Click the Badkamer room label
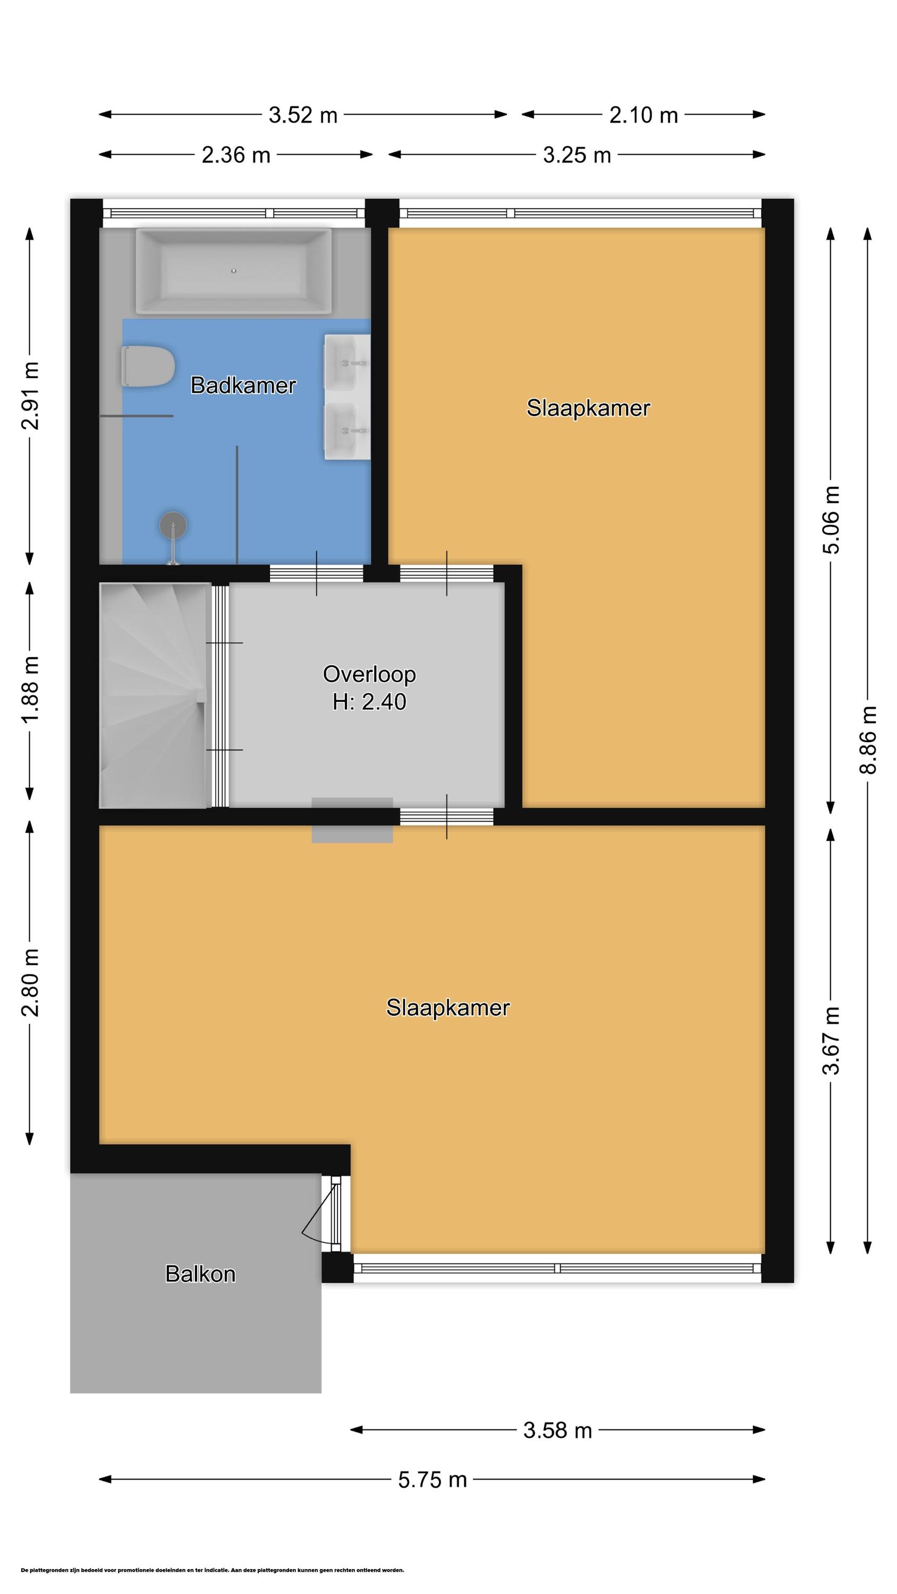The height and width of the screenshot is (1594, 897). pos(243,386)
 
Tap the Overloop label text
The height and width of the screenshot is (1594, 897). pos(369,674)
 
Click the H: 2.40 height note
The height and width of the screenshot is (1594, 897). pos(369,702)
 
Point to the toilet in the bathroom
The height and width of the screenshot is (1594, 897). pos(147,367)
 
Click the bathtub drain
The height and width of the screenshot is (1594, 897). pos(234,270)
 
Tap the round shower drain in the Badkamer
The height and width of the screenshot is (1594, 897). pos(173,526)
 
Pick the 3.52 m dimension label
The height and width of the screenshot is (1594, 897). pos(303,115)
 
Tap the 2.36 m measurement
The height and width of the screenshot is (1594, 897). pos(236,155)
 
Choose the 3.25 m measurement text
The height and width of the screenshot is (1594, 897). pos(577,155)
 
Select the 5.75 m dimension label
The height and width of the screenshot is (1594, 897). pos(432,1492)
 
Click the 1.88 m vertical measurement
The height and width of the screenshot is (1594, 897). pos(30,689)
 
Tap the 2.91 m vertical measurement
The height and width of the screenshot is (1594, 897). pos(30,396)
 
